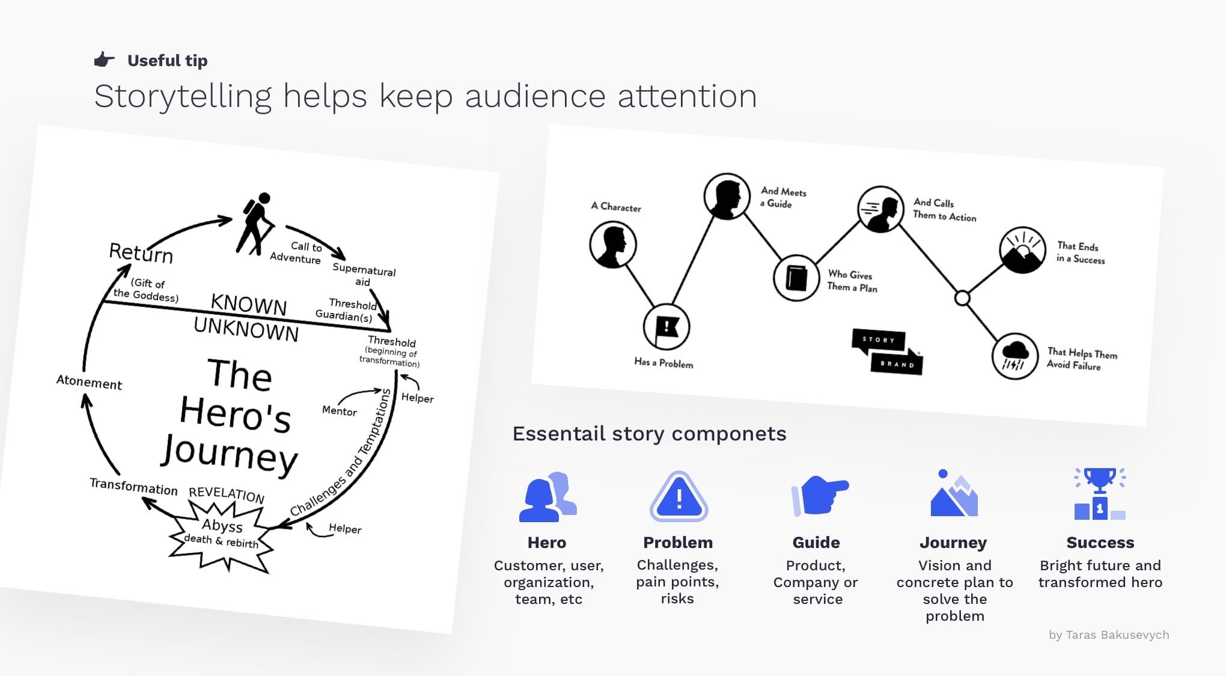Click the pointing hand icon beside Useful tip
(x=104, y=59)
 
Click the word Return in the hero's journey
(x=141, y=253)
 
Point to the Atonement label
(x=89, y=382)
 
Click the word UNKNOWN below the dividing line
(x=246, y=329)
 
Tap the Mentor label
(x=340, y=411)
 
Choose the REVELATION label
(x=227, y=494)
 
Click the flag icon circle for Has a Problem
(x=666, y=327)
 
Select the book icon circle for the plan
(x=796, y=278)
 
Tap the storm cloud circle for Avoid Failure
(x=1014, y=356)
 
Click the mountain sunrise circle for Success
(x=1022, y=250)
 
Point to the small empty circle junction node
(x=962, y=298)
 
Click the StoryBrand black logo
(x=887, y=352)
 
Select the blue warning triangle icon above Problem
(x=679, y=497)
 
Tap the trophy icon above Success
(x=1100, y=494)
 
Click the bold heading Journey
(x=953, y=543)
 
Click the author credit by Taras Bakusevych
(x=1109, y=635)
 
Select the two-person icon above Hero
(x=547, y=497)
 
